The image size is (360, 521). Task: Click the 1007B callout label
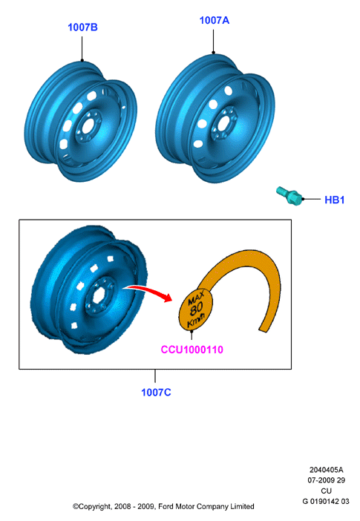click(x=83, y=27)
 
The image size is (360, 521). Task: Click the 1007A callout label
click(x=215, y=20)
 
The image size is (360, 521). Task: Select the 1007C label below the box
click(x=156, y=393)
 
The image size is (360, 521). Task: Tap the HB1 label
click(x=335, y=200)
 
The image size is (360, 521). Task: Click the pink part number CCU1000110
click(x=192, y=350)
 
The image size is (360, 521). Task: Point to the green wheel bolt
click(x=289, y=195)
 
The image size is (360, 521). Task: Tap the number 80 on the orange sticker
click(x=196, y=309)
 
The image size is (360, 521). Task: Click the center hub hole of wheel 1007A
click(x=223, y=122)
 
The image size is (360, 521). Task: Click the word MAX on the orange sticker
click(x=196, y=298)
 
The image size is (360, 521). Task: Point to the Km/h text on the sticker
click(x=196, y=321)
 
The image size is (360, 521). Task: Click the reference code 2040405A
click(x=326, y=470)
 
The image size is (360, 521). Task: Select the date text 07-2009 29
click(x=326, y=480)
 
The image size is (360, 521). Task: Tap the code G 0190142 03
click(x=326, y=502)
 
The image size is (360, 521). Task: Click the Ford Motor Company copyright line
click(x=163, y=506)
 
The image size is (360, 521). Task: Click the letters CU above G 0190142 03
click(x=326, y=491)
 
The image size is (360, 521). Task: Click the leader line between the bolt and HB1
click(x=312, y=199)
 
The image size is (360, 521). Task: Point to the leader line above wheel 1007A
click(x=214, y=42)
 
